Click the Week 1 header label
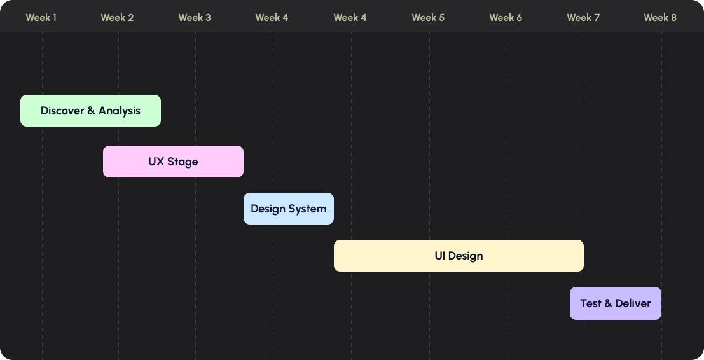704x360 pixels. tap(41, 18)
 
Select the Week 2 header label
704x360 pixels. tap(117, 18)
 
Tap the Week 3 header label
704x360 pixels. tap(195, 18)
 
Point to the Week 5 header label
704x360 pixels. tap(428, 18)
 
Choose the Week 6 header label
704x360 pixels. tap(506, 18)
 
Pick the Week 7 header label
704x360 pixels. tap(583, 18)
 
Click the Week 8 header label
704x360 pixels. tap(660, 18)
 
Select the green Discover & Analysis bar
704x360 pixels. tap(91, 111)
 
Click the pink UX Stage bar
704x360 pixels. tap(174, 162)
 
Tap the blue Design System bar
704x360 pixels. tap(289, 209)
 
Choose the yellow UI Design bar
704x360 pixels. tap(459, 256)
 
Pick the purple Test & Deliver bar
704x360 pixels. tap(616, 303)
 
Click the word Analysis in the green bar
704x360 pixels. tap(120, 111)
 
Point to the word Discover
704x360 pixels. tap(62, 111)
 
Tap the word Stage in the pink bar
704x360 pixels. tap(183, 162)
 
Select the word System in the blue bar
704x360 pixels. tap(307, 209)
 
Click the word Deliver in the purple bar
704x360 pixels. tap(633, 303)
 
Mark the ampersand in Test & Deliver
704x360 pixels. tap(609, 303)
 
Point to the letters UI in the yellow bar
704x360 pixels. tap(439, 256)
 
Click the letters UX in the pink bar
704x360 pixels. tap(156, 162)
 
